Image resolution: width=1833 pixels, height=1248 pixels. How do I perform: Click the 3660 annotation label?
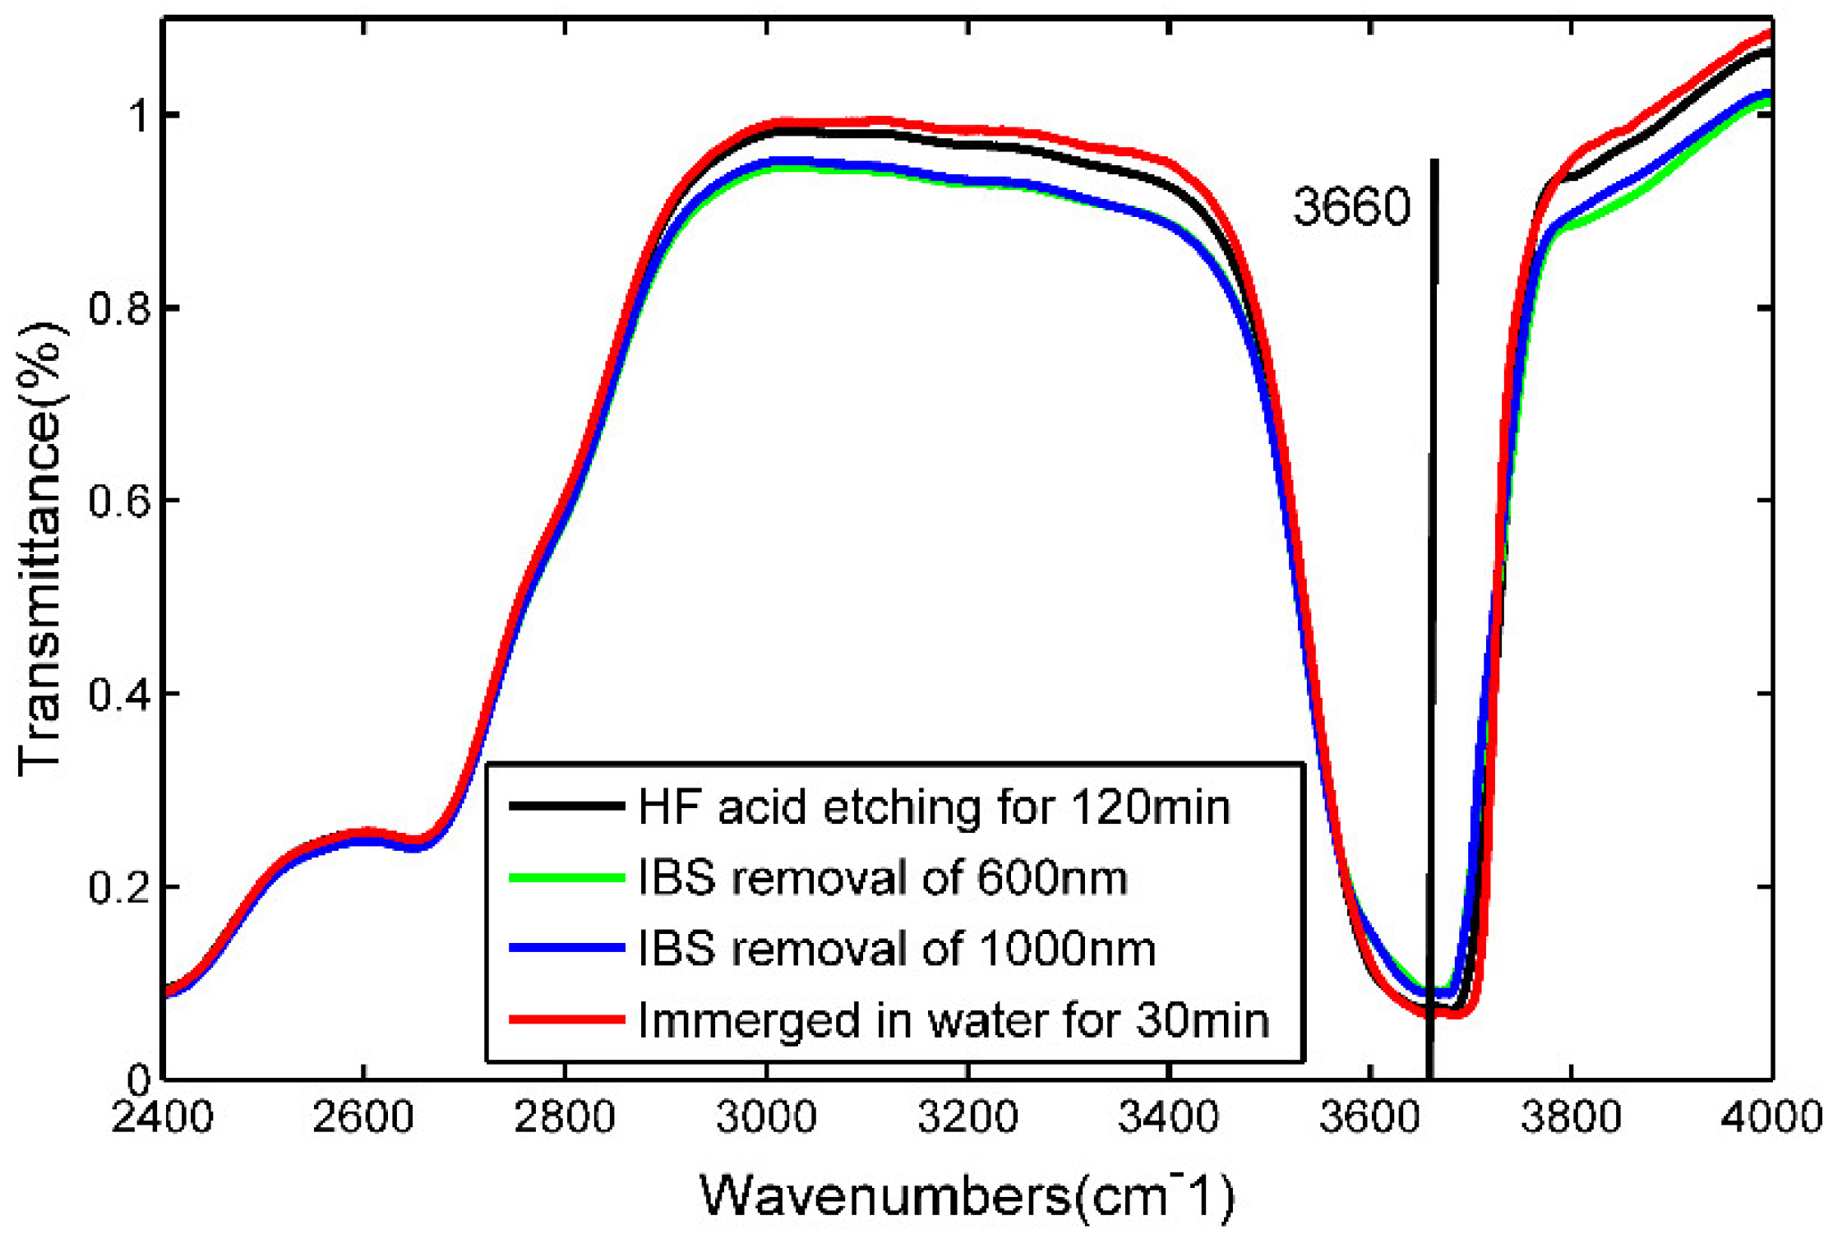pyautogui.click(x=1351, y=206)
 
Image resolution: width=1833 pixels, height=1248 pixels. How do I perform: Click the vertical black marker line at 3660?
pyautogui.click(x=1433, y=575)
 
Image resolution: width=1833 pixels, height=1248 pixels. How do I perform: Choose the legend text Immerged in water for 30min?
pyautogui.click(x=953, y=1019)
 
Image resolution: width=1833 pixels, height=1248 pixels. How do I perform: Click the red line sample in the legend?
pyautogui.click(x=566, y=1019)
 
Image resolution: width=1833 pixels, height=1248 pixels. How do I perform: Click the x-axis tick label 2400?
pyautogui.click(x=162, y=1118)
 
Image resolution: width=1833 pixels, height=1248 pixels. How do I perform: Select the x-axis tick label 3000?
pyautogui.click(x=766, y=1118)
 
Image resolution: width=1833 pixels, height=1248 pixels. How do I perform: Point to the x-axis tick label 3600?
pyautogui.click(x=1369, y=1118)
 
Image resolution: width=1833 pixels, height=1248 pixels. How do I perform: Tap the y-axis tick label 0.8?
pyautogui.click(x=119, y=309)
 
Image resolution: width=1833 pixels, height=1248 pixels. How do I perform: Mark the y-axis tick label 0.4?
pyautogui.click(x=119, y=694)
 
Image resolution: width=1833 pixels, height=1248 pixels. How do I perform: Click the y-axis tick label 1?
pyautogui.click(x=140, y=116)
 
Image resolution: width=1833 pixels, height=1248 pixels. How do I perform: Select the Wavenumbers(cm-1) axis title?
pyautogui.click(x=967, y=1195)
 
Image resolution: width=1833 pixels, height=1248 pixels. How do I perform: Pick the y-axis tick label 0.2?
pyautogui.click(x=119, y=887)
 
